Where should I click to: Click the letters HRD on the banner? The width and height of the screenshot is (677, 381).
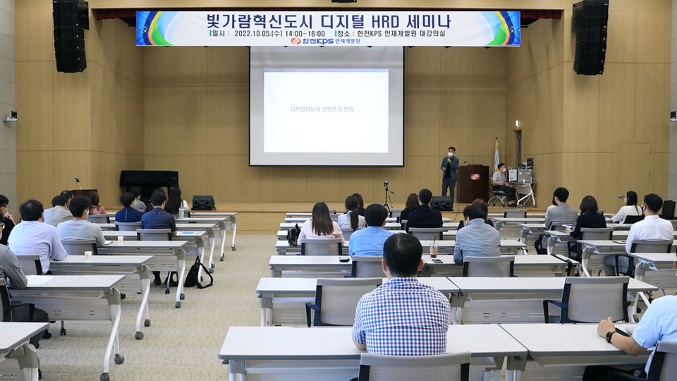(x=391, y=20)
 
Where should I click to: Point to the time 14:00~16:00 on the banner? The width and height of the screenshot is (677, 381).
(x=305, y=33)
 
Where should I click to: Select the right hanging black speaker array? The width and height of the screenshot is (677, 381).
(x=590, y=37)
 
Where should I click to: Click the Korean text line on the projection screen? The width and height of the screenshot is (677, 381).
(x=322, y=109)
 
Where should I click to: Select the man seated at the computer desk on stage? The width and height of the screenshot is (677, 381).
(x=501, y=182)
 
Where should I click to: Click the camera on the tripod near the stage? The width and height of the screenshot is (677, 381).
(x=386, y=188)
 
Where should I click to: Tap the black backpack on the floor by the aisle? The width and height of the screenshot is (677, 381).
(x=197, y=273)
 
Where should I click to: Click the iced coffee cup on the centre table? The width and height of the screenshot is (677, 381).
(x=434, y=250)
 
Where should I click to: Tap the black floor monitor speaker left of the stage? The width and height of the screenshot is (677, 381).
(x=203, y=202)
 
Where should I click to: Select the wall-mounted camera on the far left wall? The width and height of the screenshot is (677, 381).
(x=11, y=117)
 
